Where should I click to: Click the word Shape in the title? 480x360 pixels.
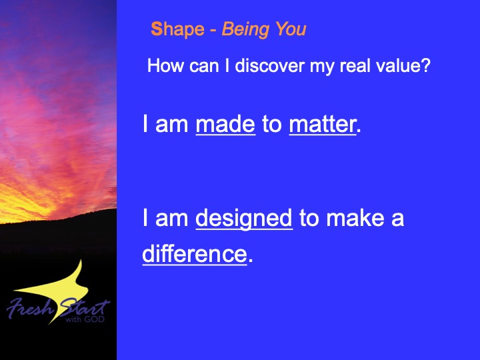[177, 30]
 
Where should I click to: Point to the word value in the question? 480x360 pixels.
[395, 65]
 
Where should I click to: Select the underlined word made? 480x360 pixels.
[225, 124]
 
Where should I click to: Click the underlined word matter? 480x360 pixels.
[323, 124]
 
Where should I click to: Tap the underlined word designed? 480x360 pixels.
[244, 219]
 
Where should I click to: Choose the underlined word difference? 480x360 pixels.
[195, 253]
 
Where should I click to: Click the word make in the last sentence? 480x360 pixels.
[355, 217]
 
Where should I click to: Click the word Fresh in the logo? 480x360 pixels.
[30, 307]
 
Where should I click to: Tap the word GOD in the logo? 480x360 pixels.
[95, 319]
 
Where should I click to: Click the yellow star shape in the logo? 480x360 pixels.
[58, 291]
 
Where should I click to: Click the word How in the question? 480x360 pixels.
[165, 65]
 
